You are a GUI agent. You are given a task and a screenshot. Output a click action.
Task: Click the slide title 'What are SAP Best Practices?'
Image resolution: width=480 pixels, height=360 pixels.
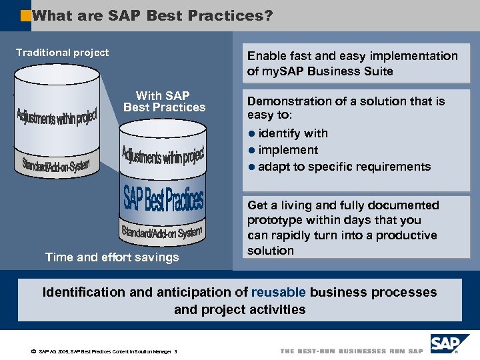pos(152,15)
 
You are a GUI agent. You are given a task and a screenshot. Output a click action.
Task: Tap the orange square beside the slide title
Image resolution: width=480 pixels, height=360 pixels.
pos(25,15)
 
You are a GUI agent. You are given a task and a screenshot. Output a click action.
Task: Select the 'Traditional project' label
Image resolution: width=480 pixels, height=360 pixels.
pos(63,53)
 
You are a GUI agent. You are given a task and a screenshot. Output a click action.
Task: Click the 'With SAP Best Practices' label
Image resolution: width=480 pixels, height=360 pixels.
pos(164,102)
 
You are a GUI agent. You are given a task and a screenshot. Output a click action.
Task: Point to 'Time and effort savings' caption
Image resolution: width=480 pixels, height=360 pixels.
pos(112,257)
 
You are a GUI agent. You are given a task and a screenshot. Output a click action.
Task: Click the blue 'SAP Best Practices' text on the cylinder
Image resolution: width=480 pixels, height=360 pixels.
pos(163,199)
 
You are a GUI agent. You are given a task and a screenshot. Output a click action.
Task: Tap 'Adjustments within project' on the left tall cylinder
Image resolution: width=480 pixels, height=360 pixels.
pos(57,123)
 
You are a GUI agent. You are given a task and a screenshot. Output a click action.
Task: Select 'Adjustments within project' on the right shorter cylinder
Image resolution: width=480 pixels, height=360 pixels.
pos(162,155)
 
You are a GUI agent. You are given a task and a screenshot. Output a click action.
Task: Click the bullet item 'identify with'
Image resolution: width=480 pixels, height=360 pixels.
pos(293,133)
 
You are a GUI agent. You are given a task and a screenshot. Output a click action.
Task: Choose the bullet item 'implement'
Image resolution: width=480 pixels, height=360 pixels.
pos(288,150)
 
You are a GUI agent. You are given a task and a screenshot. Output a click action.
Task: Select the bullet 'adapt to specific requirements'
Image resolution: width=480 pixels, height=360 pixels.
pos(344,167)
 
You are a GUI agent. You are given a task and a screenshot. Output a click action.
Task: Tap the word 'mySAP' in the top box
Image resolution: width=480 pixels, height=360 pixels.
pos(281,71)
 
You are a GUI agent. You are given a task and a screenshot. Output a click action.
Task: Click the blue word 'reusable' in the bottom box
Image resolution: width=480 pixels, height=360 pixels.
pos(279,292)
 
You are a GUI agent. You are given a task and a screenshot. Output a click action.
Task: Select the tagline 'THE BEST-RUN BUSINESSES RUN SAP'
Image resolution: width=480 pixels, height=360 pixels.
pos(351,351)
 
